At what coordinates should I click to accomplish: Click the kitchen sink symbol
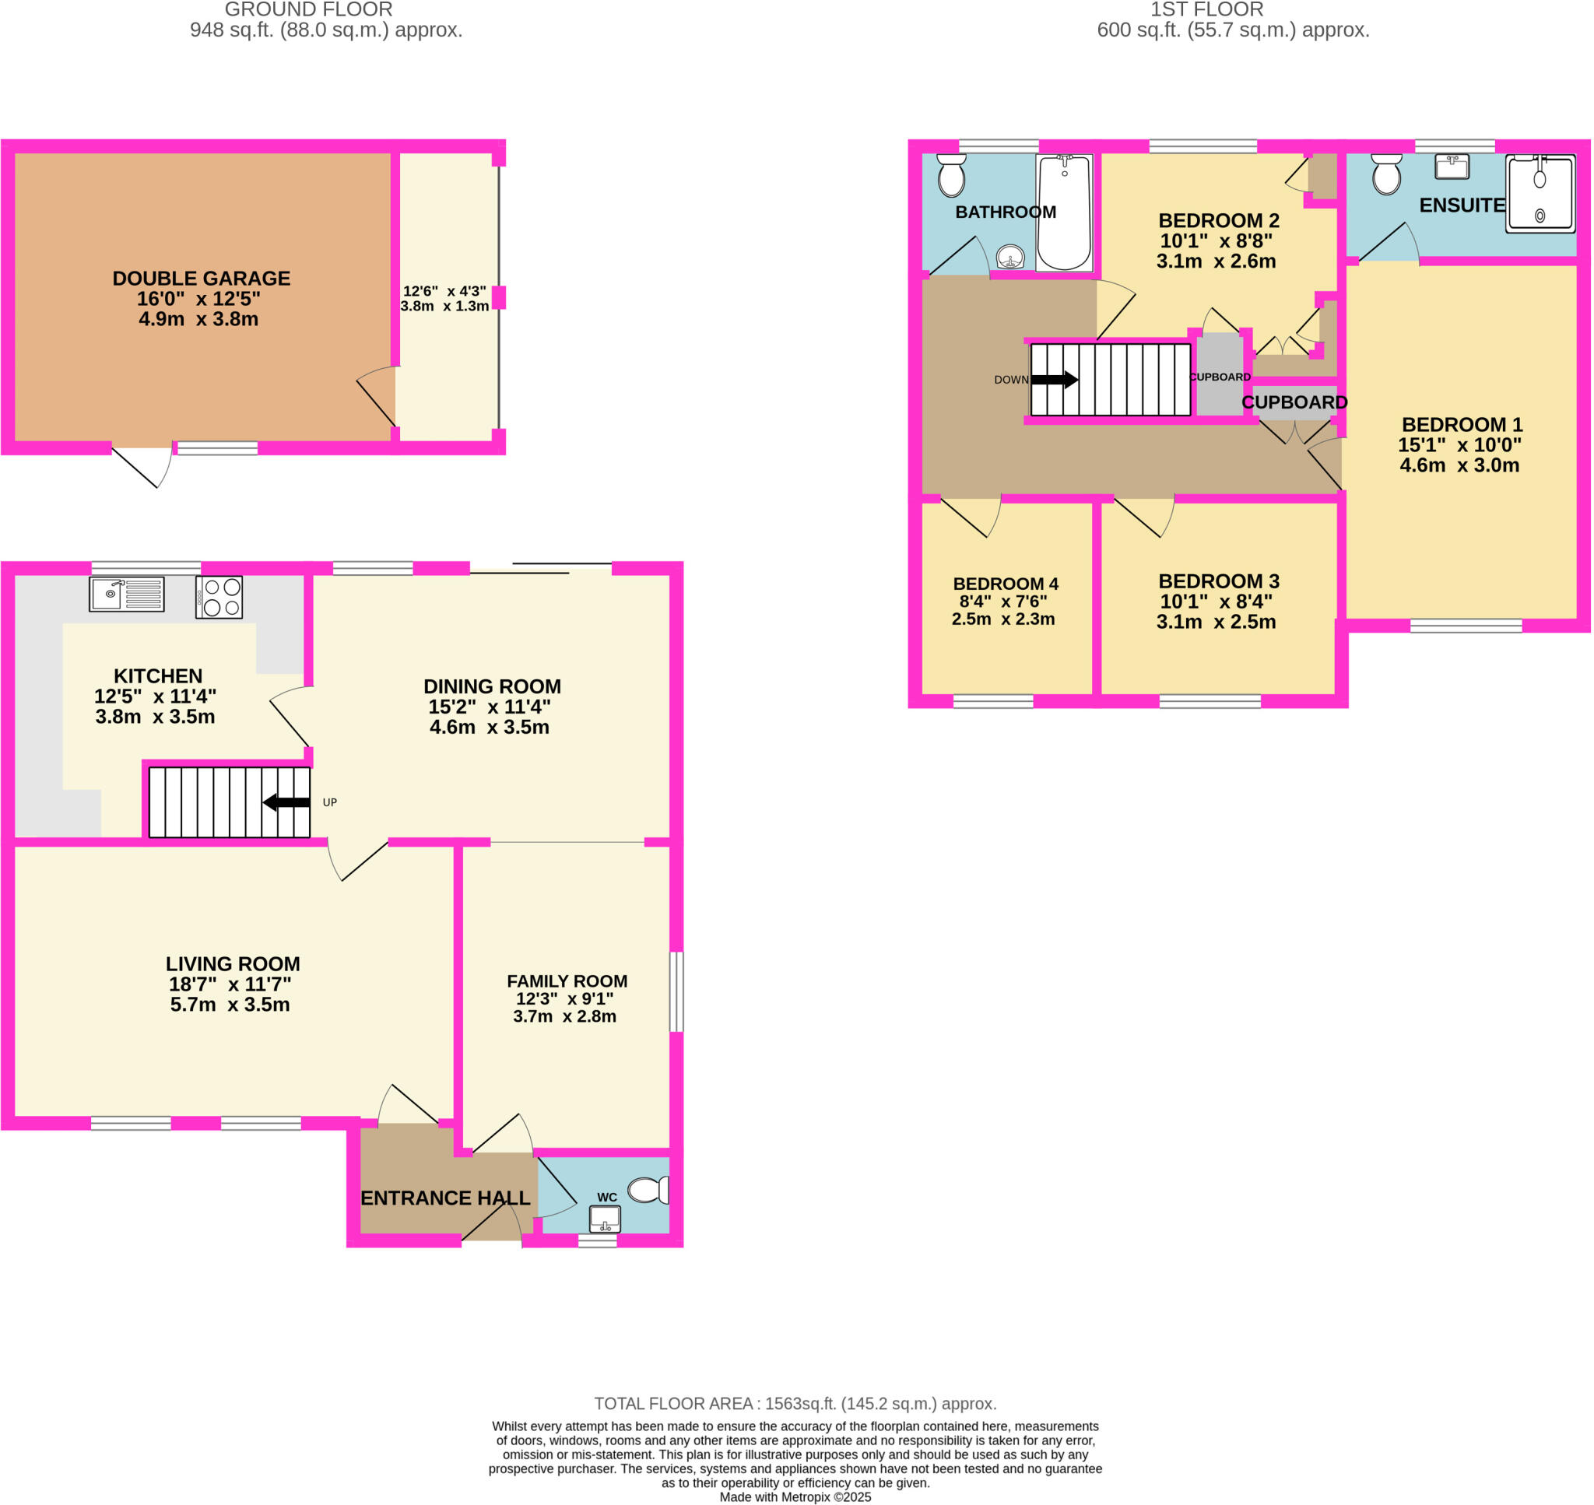coord(126,594)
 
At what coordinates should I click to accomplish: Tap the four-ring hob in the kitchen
coord(219,597)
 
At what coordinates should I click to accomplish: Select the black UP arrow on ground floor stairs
coord(286,802)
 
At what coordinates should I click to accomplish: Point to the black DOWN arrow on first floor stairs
coord(1054,380)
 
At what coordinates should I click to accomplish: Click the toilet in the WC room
coord(648,1190)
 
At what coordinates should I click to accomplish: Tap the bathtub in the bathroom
coord(1064,212)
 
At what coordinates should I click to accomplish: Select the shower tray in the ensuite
coord(1540,193)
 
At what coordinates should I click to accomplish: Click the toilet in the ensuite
coord(1386,174)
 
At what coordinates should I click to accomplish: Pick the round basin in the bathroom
coord(1010,258)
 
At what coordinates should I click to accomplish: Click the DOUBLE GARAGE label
coord(202,279)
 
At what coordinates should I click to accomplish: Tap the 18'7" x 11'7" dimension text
coord(230,984)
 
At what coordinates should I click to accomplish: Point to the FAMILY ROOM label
coord(567,981)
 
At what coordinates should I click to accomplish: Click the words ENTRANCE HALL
coord(445,1198)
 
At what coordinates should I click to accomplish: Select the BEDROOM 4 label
coord(1005,583)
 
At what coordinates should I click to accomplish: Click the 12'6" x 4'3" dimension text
coord(444,291)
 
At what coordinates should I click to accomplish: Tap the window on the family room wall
coord(676,991)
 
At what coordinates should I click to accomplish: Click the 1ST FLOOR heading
coord(1206,9)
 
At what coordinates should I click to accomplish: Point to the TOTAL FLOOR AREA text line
coord(795,1404)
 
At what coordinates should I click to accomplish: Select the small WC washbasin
coord(605,1219)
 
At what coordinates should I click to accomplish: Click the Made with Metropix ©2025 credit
coord(795,1497)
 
